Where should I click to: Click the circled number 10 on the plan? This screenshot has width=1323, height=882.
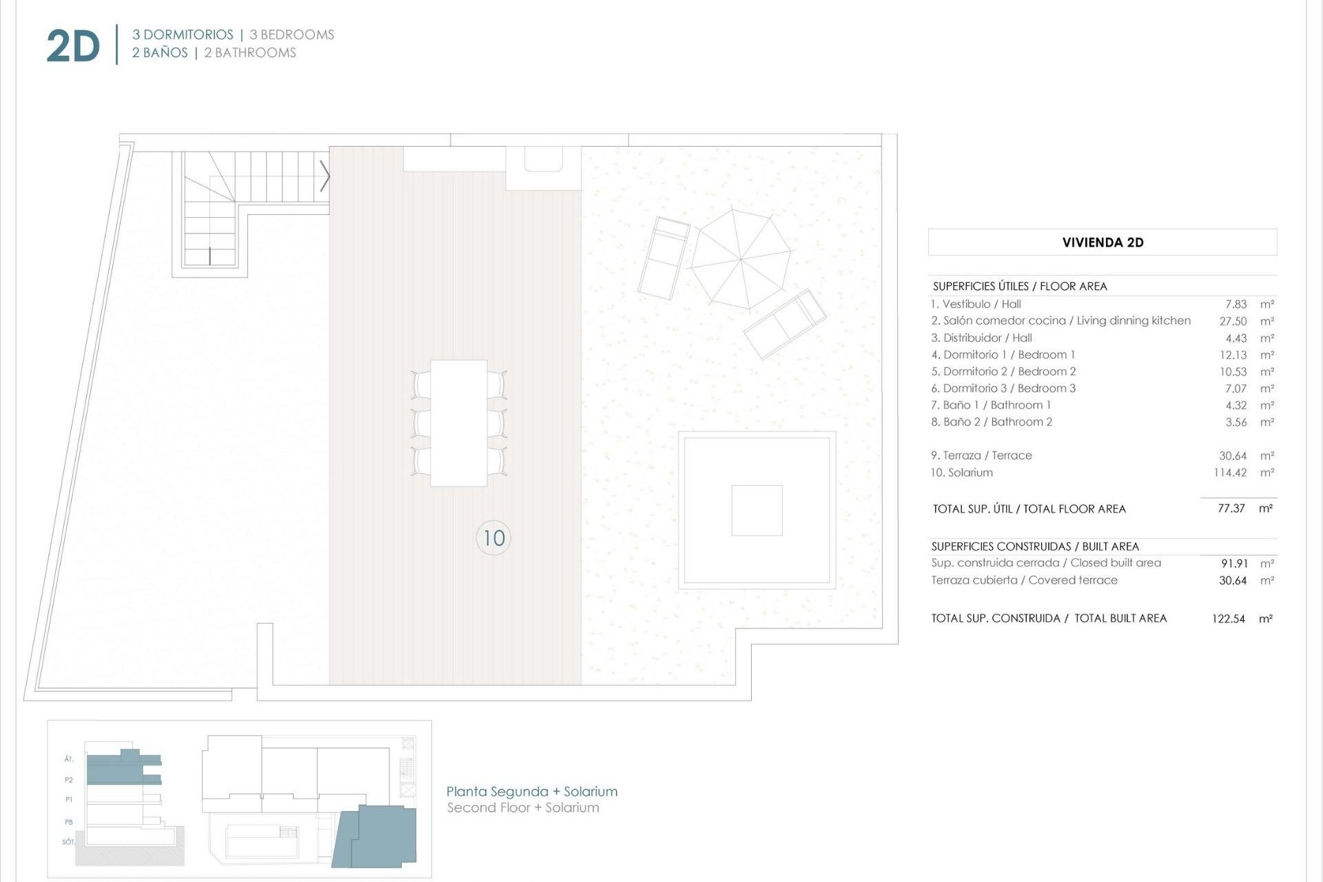(493, 538)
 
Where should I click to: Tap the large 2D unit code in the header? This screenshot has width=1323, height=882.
(73, 47)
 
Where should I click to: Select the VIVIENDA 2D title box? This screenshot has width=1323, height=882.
(1102, 242)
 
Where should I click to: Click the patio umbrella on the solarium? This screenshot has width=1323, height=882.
(741, 259)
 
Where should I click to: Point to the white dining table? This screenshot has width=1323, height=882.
(458, 422)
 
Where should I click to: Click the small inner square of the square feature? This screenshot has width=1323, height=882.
(757, 510)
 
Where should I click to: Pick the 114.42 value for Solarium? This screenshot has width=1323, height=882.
(1230, 473)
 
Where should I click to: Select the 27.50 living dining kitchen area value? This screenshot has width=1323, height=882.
(1233, 321)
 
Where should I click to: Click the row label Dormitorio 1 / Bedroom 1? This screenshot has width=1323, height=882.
(1003, 355)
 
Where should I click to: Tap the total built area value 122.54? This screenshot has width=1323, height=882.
(1228, 619)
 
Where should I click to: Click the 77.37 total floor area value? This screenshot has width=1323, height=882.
(1231, 509)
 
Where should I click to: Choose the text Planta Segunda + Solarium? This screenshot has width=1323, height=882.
(531, 792)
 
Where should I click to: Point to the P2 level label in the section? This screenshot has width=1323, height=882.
(69, 780)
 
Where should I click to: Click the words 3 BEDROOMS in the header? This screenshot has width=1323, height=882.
(291, 34)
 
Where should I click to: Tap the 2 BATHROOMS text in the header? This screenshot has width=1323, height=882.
(250, 53)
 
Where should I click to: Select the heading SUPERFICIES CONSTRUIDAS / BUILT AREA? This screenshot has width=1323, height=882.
(1035, 546)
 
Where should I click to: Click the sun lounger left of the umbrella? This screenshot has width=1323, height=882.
(664, 258)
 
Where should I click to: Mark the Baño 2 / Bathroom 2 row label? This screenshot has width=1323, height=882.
(992, 422)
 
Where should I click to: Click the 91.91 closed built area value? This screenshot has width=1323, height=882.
(1234, 564)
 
